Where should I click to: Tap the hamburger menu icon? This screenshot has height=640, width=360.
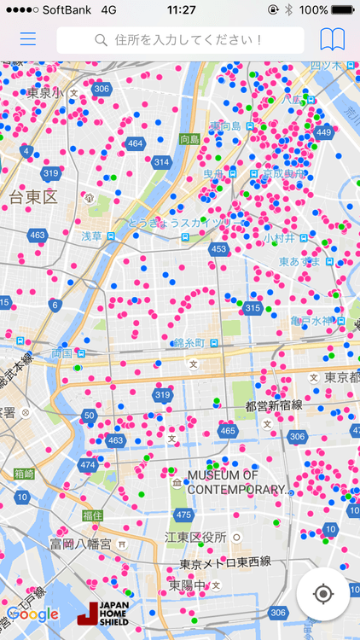[x=28, y=39]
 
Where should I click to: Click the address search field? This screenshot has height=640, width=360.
[x=180, y=40]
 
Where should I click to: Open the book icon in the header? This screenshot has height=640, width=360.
[x=333, y=39]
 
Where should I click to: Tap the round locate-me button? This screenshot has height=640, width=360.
[x=322, y=594]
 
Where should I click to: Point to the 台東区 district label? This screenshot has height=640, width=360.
[x=32, y=198]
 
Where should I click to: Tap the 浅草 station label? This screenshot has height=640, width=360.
[x=92, y=236]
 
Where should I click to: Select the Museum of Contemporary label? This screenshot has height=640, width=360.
[x=235, y=482]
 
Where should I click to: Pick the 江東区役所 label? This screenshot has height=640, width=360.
[x=196, y=537]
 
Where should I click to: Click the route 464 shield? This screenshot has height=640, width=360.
[x=135, y=143]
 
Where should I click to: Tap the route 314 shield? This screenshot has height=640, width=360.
[x=161, y=162]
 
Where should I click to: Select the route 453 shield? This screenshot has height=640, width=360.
[x=219, y=249]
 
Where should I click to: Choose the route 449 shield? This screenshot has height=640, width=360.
[x=323, y=132]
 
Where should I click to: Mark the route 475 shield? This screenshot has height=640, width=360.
[x=183, y=515]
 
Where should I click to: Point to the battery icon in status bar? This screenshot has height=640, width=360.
[x=343, y=9]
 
